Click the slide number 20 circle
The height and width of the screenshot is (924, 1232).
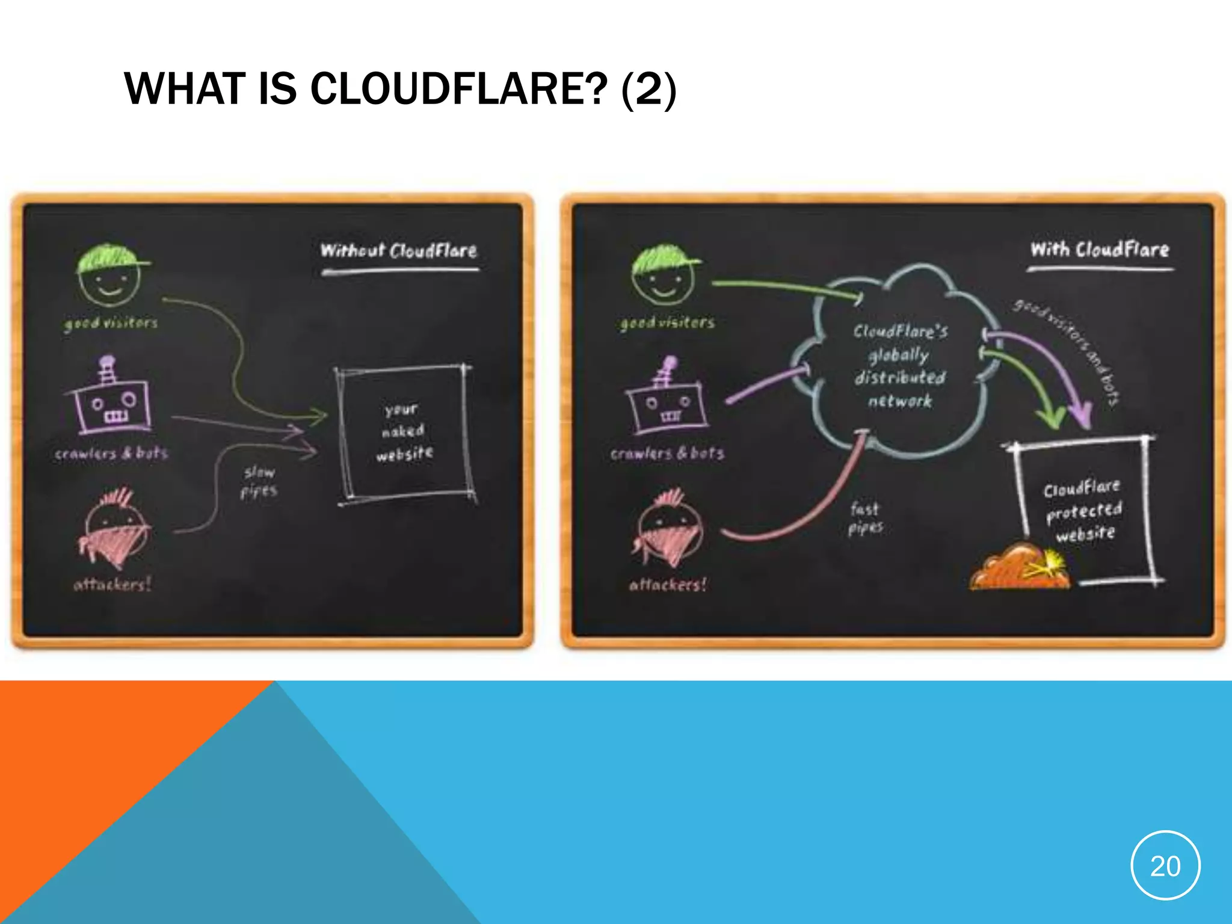[1165, 865]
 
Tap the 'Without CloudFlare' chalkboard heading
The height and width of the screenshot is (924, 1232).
[399, 250]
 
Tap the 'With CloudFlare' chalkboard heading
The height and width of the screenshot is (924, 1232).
[1100, 249]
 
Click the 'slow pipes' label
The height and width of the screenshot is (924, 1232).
[259, 482]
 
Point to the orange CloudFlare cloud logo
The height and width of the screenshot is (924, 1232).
[1019, 567]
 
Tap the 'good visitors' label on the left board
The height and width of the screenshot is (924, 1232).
[111, 323]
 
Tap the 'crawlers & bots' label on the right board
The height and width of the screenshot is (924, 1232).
[667, 454]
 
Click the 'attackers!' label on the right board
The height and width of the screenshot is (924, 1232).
[668, 584]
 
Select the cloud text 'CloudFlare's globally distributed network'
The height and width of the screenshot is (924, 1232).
[900, 366]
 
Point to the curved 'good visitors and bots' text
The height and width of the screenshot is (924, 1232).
[1068, 349]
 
